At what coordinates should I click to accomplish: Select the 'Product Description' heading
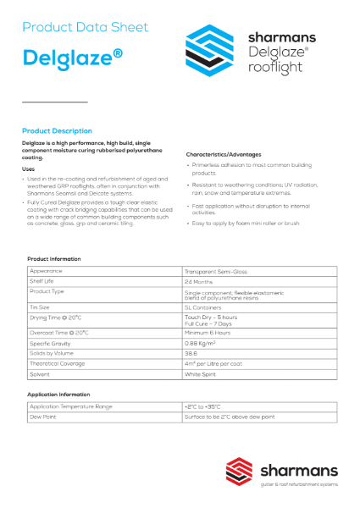(57, 131)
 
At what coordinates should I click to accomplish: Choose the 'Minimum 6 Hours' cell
(208, 334)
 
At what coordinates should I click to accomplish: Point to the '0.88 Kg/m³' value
(203, 344)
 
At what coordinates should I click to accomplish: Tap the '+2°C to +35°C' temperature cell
(203, 407)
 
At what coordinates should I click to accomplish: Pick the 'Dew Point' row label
(42, 417)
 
